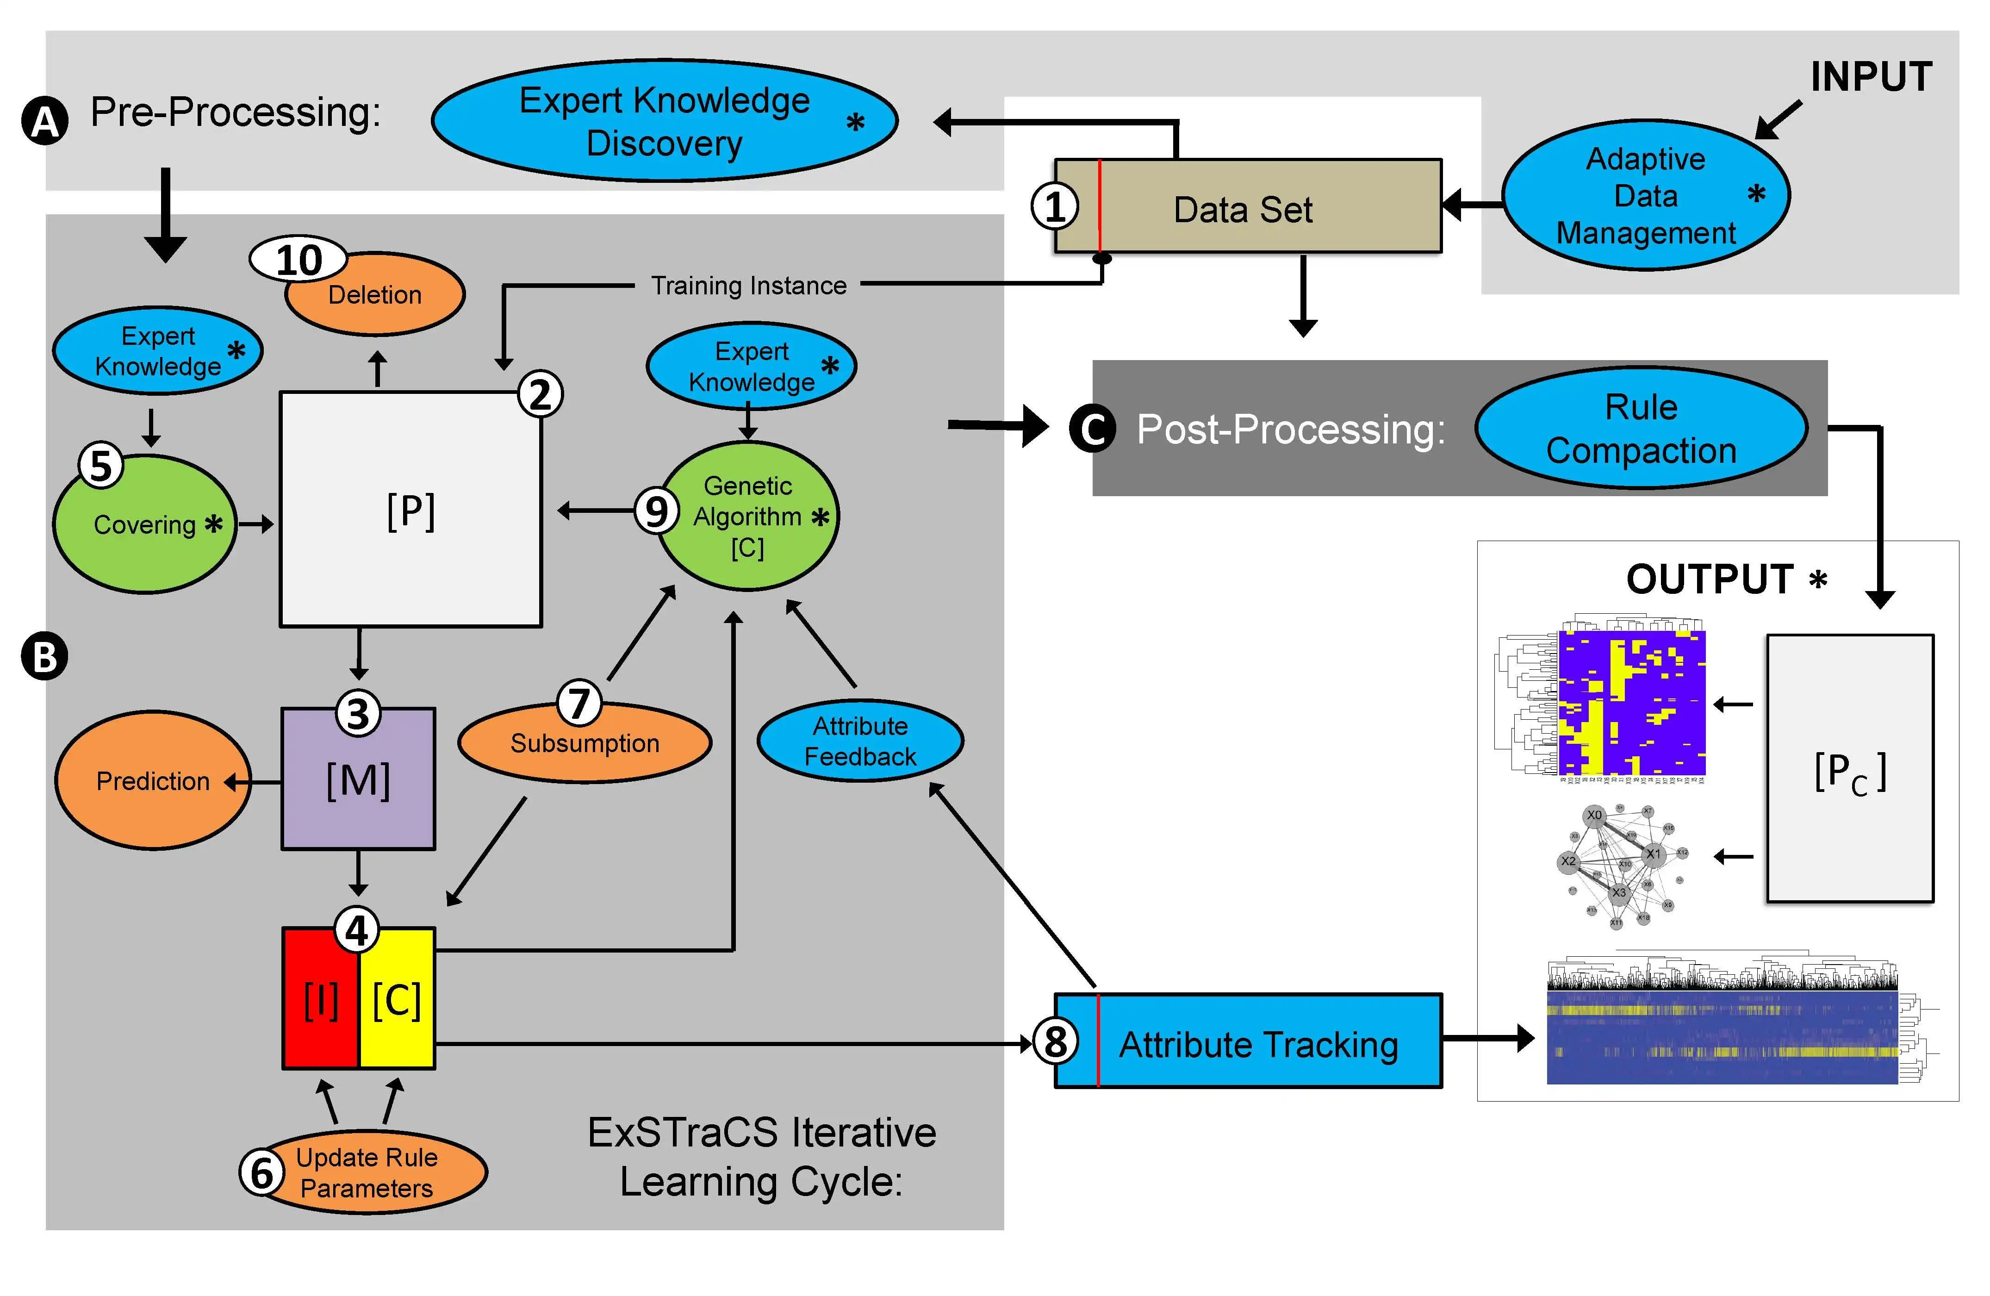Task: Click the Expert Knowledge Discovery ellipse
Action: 664,121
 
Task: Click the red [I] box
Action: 321,999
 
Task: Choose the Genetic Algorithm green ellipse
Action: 748,517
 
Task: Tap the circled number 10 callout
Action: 298,260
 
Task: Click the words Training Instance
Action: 748,286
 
